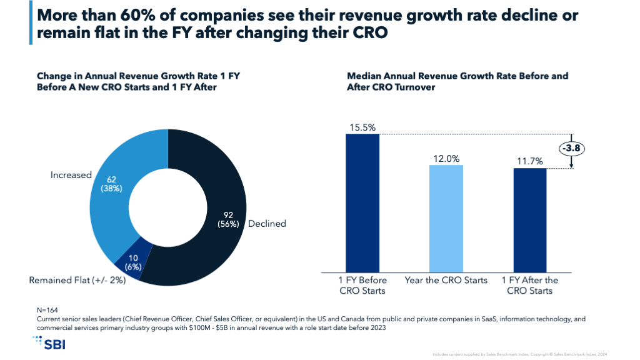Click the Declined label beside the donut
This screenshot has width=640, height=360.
[x=267, y=224]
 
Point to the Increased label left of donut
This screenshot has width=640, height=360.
[x=71, y=175]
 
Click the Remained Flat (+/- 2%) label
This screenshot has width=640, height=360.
[x=77, y=280]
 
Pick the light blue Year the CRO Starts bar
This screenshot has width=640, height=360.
[x=446, y=218]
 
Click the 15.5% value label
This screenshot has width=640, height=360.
[x=362, y=127]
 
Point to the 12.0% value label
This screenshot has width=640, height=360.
[x=446, y=158]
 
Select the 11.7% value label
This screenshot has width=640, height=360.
[x=530, y=161]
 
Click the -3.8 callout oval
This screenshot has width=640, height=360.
[x=572, y=149]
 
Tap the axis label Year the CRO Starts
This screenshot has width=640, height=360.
[x=446, y=280]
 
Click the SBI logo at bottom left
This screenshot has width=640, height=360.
[x=49, y=342]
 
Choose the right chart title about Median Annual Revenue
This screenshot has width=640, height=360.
[x=457, y=82]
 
